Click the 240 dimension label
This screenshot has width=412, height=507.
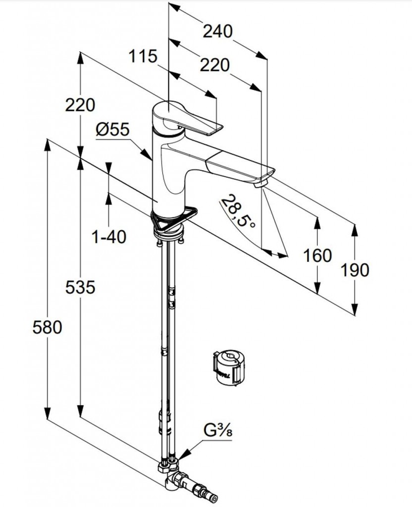pyautogui.click(x=218, y=31)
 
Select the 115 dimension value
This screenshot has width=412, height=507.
pyautogui.click(x=143, y=56)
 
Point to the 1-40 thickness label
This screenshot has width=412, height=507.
pyautogui.click(x=109, y=237)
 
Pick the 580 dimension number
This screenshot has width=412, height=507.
pyautogui.click(x=48, y=327)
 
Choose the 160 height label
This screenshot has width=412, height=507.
pyautogui.click(x=317, y=255)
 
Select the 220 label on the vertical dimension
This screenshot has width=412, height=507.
pyautogui.click(x=80, y=105)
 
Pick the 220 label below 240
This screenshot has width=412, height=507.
pyautogui.click(x=215, y=64)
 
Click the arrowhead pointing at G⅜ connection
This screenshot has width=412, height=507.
pyautogui.click(x=184, y=455)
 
